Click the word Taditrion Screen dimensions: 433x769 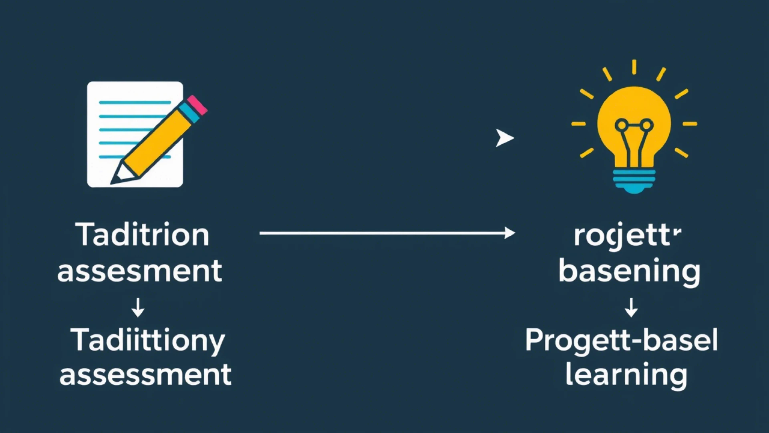pos(142,235)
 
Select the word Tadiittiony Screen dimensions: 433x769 pos(147,341)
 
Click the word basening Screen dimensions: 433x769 pos(629,271)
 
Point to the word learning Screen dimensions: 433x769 pos(626,375)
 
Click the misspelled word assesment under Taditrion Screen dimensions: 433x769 pos(139,271)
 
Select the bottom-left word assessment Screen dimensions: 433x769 pos(145,375)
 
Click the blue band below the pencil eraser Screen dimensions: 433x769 pos(189,113)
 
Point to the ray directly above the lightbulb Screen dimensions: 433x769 pos(634,67)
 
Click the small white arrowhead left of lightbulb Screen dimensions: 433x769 pos(504,138)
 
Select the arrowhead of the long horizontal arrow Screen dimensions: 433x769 pos(510,233)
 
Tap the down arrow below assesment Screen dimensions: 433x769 pos(138,308)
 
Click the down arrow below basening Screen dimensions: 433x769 pos(631,308)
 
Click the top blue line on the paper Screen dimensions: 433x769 pos(135,103)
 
